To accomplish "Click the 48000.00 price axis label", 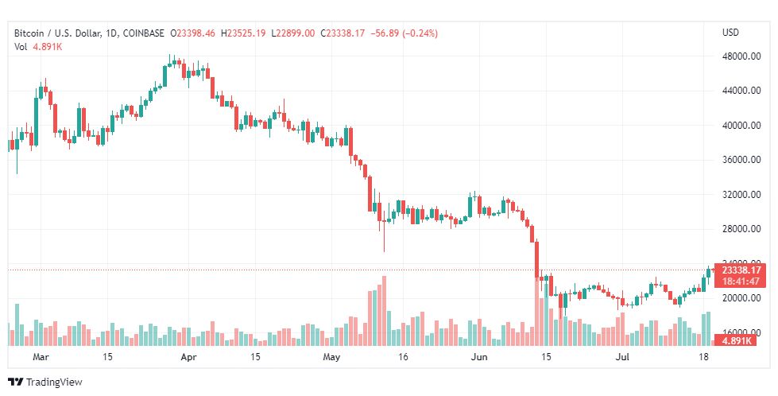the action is click(741, 56).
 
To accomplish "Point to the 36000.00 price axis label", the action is click(741, 160).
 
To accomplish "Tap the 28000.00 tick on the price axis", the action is click(741, 229).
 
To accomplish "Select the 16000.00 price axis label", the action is click(741, 332).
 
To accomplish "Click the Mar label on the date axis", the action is click(41, 357).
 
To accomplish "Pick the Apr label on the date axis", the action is click(188, 357).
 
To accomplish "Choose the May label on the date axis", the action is click(331, 357).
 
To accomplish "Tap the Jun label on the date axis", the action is click(479, 357).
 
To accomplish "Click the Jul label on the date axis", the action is click(622, 357).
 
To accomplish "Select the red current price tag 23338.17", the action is click(741, 270).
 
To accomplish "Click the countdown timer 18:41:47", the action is click(741, 281).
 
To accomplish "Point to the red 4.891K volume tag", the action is click(737, 341).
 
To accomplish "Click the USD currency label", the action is click(730, 33).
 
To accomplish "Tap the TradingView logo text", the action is click(54, 382).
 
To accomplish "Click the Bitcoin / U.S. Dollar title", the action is click(58, 33).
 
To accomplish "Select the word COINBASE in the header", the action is click(143, 33).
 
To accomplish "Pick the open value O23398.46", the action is click(193, 33).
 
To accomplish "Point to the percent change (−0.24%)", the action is click(420, 33).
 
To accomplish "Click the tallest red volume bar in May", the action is click(384, 311).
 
